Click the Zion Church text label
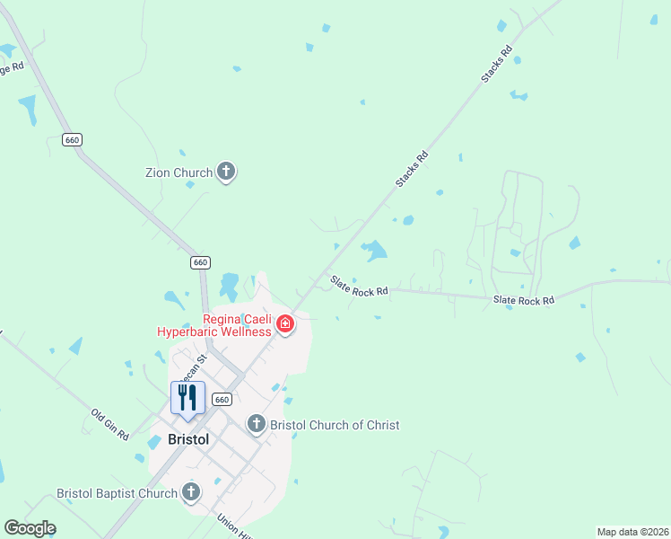[179, 172]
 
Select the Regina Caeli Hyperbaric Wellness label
[213, 325]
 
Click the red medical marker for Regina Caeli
[285, 323]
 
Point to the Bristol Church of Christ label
[335, 425]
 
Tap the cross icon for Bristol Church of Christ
[257, 424]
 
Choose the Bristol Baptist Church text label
[117, 493]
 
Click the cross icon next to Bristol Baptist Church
[190, 491]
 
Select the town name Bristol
[188, 440]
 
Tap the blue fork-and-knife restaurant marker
[187, 398]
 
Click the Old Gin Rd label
[110, 425]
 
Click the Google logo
[30, 528]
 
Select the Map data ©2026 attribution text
[632, 532]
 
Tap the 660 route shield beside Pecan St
[223, 399]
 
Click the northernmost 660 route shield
[73, 139]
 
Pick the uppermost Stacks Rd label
[496, 65]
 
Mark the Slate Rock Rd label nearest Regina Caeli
[359, 286]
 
